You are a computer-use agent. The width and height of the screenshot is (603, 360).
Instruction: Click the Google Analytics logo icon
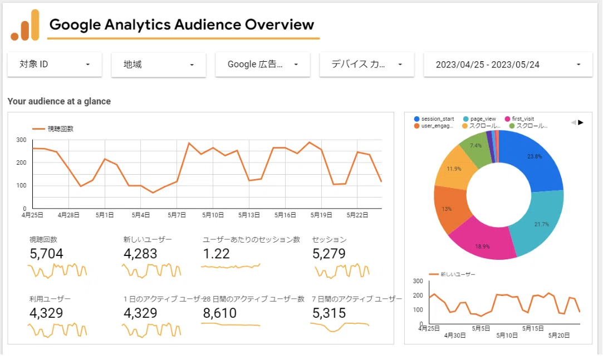(25, 25)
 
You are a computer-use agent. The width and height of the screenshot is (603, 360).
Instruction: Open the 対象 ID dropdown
(55, 65)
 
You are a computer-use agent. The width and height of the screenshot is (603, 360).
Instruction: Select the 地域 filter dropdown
(159, 65)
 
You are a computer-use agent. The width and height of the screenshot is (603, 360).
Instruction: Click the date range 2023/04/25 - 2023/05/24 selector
(508, 65)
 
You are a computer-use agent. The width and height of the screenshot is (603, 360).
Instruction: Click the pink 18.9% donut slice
(483, 241)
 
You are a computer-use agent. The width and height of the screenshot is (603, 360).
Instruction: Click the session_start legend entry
(434, 119)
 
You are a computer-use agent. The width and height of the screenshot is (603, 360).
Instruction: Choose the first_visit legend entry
(519, 119)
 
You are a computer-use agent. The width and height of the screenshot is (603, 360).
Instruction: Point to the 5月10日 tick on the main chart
(213, 215)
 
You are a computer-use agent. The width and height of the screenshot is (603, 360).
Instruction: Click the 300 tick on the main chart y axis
(21, 140)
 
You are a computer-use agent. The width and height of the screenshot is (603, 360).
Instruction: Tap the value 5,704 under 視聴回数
(46, 254)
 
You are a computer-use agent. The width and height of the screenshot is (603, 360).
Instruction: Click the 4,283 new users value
(140, 254)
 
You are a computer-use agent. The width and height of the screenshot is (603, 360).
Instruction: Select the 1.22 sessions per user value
(216, 254)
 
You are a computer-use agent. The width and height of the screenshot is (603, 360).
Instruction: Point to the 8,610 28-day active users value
(219, 313)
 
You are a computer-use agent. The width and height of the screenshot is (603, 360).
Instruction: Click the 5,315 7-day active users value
(329, 313)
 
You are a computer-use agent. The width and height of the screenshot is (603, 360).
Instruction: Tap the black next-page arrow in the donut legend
(581, 122)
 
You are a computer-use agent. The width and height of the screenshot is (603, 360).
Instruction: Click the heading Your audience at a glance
(59, 101)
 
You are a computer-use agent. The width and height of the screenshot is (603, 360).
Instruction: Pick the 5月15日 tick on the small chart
(533, 328)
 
